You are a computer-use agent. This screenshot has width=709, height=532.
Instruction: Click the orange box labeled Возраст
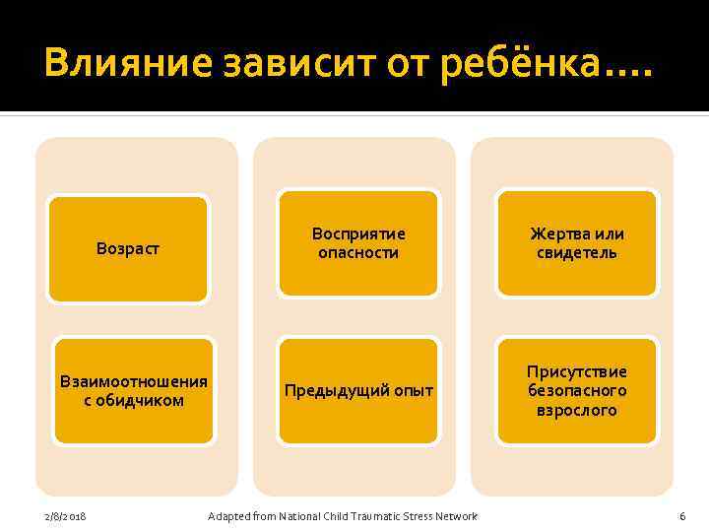pyautogui.click(x=128, y=248)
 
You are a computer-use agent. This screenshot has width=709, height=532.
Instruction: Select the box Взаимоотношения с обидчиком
pyautogui.click(x=134, y=390)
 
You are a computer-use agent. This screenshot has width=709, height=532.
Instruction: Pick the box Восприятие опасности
pyautogui.click(x=358, y=242)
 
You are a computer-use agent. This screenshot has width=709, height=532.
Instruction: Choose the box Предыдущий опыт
pyautogui.click(x=358, y=390)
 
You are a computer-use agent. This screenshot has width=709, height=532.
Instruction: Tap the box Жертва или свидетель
pyautogui.click(x=577, y=242)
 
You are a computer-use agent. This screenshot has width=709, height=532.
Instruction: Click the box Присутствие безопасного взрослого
pyautogui.click(x=577, y=390)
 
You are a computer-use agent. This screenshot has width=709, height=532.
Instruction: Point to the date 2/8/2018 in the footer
pyautogui.click(x=65, y=517)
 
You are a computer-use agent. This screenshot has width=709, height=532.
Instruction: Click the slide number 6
pyautogui.click(x=681, y=517)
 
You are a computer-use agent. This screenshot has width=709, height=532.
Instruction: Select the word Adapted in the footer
pyautogui.click(x=227, y=517)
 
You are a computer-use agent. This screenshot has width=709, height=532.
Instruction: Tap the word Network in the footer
pyautogui.click(x=456, y=517)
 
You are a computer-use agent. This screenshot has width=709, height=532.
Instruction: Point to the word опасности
pyautogui.click(x=358, y=253)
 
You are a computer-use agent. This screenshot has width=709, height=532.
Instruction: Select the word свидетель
pyautogui.click(x=577, y=253)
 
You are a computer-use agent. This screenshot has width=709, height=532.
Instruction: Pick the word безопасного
pyautogui.click(x=577, y=390)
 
